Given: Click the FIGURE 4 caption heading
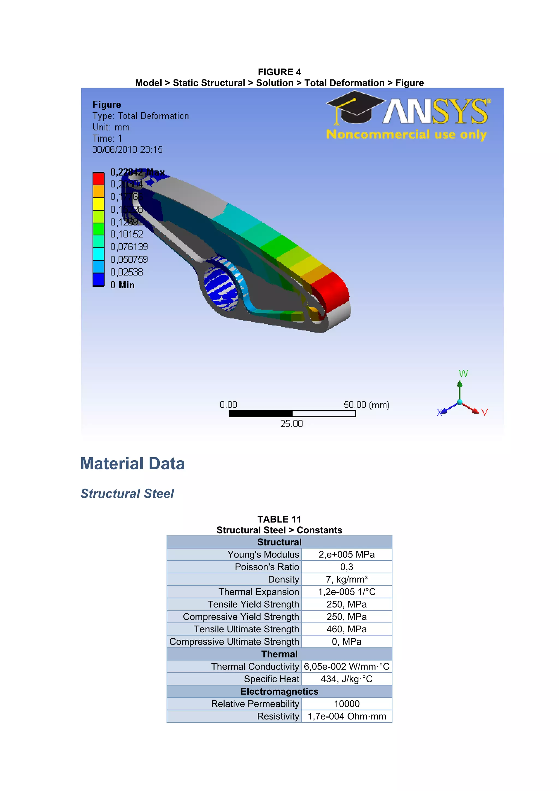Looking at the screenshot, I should pos(279,72).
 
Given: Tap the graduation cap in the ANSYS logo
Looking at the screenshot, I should pos(355,107).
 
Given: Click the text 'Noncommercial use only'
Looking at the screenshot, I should pos(406,134).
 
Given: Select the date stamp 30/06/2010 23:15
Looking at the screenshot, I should pos(127,150).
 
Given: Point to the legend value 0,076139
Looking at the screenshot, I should pos(129,247).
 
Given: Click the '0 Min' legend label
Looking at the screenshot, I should pos(122,285).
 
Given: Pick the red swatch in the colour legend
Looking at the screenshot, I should pos(99,179).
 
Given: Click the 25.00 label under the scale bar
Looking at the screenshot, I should pos(292,424).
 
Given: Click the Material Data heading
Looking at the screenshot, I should pos(132,464).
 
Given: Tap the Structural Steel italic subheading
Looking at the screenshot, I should pos(127,494).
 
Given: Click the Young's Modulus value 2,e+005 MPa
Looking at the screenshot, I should pos(346,554).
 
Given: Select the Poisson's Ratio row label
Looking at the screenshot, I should pos(267,567).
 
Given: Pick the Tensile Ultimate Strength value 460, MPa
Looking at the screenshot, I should pos(346,629).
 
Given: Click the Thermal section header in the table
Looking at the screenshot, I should pos(279,654).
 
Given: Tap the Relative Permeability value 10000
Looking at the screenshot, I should pos(346,704).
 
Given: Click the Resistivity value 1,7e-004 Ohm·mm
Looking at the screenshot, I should pos(346,716).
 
